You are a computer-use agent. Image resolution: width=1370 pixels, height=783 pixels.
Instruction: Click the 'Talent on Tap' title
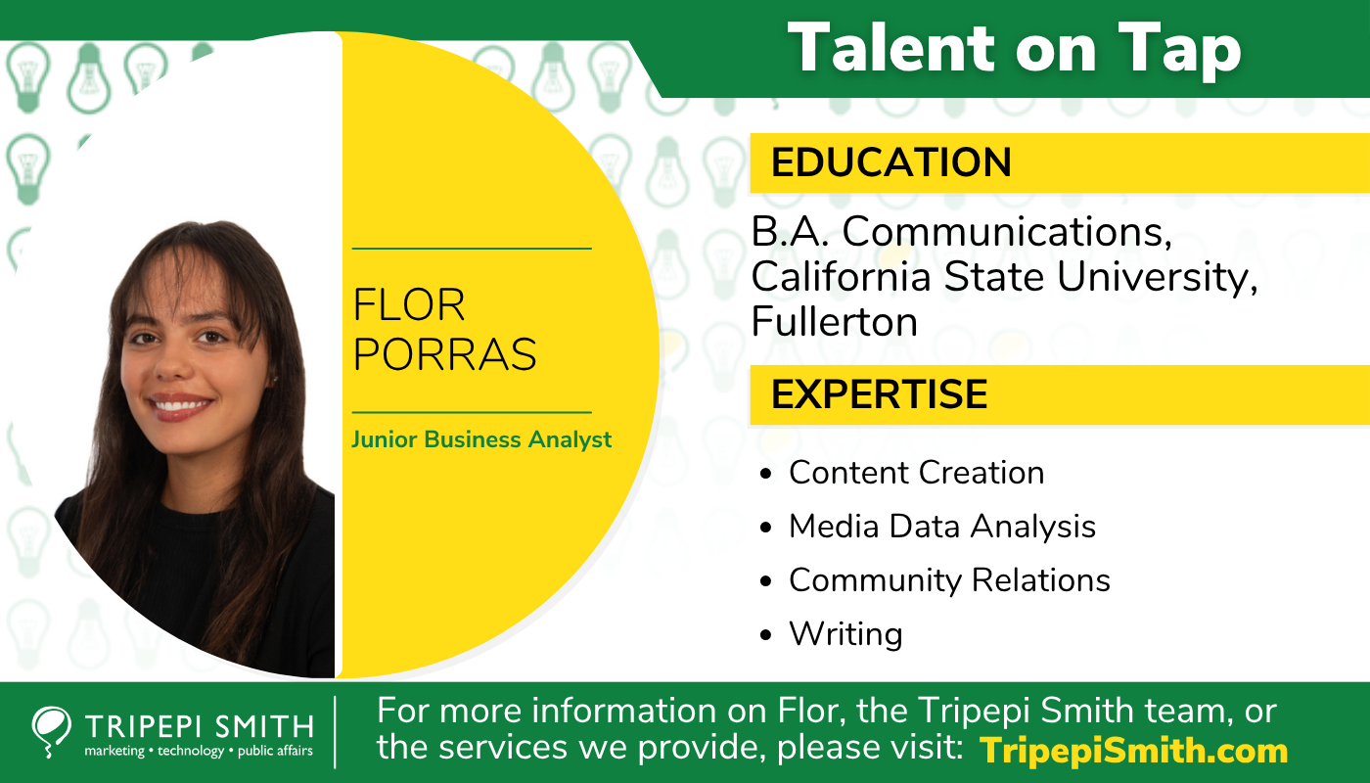(x=1014, y=48)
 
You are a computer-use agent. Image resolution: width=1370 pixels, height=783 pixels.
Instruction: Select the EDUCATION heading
(x=890, y=162)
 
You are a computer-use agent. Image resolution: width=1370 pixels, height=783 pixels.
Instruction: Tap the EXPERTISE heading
(x=879, y=393)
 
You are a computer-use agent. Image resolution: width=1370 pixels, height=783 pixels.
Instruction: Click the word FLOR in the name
(x=409, y=306)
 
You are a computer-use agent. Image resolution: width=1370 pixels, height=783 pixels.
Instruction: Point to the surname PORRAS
(x=444, y=354)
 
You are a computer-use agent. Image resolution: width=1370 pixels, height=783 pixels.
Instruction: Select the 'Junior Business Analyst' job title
(x=481, y=439)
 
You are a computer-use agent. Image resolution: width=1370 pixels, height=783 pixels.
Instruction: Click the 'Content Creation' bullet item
(x=916, y=473)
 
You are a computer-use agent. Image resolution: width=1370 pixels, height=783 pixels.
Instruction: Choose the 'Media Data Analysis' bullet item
(x=941, y=527)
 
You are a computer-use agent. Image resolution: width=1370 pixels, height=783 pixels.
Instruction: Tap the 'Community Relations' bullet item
(x=949, y=580)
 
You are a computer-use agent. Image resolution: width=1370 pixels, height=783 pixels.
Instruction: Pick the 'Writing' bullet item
(x=845, y=634)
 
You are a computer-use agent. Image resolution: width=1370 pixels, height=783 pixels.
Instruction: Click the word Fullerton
(x=834, y=322)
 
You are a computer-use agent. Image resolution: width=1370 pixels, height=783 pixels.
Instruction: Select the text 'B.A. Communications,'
(x=961, y=232)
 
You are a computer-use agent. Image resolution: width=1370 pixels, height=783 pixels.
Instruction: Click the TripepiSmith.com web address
(x=1133, y=751)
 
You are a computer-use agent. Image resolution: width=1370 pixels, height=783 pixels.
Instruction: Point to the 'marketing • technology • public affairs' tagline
(x=199, y=751)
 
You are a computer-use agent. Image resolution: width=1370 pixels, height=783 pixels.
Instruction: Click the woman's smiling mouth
(x=182, y=404)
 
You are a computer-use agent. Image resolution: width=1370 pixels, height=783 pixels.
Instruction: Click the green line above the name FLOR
(x=472, y=249)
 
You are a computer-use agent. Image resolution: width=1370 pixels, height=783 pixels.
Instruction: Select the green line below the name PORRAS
(x=472, y=412)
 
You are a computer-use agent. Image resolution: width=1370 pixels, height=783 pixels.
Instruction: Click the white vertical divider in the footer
(x=336, y=732)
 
